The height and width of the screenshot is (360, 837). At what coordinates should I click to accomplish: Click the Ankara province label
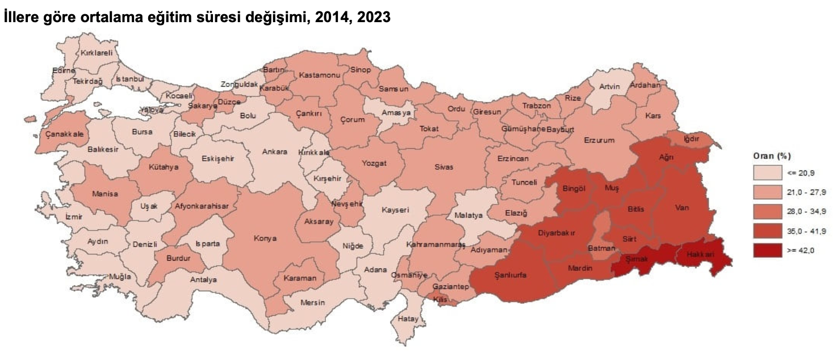click(x=274, y=152)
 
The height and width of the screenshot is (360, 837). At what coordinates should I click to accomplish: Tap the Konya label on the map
click(x=265, y=238)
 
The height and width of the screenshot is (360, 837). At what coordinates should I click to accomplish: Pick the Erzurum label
click(x=599, y=140)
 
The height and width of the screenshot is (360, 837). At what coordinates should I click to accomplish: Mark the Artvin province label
click(x=609, y=86)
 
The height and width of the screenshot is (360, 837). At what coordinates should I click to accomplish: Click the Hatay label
click(x=407, y=318)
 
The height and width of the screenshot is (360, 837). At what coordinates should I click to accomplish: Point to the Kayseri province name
click(x=395, y=210)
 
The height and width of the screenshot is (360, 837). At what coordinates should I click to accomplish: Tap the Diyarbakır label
click(x=556, y=232)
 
